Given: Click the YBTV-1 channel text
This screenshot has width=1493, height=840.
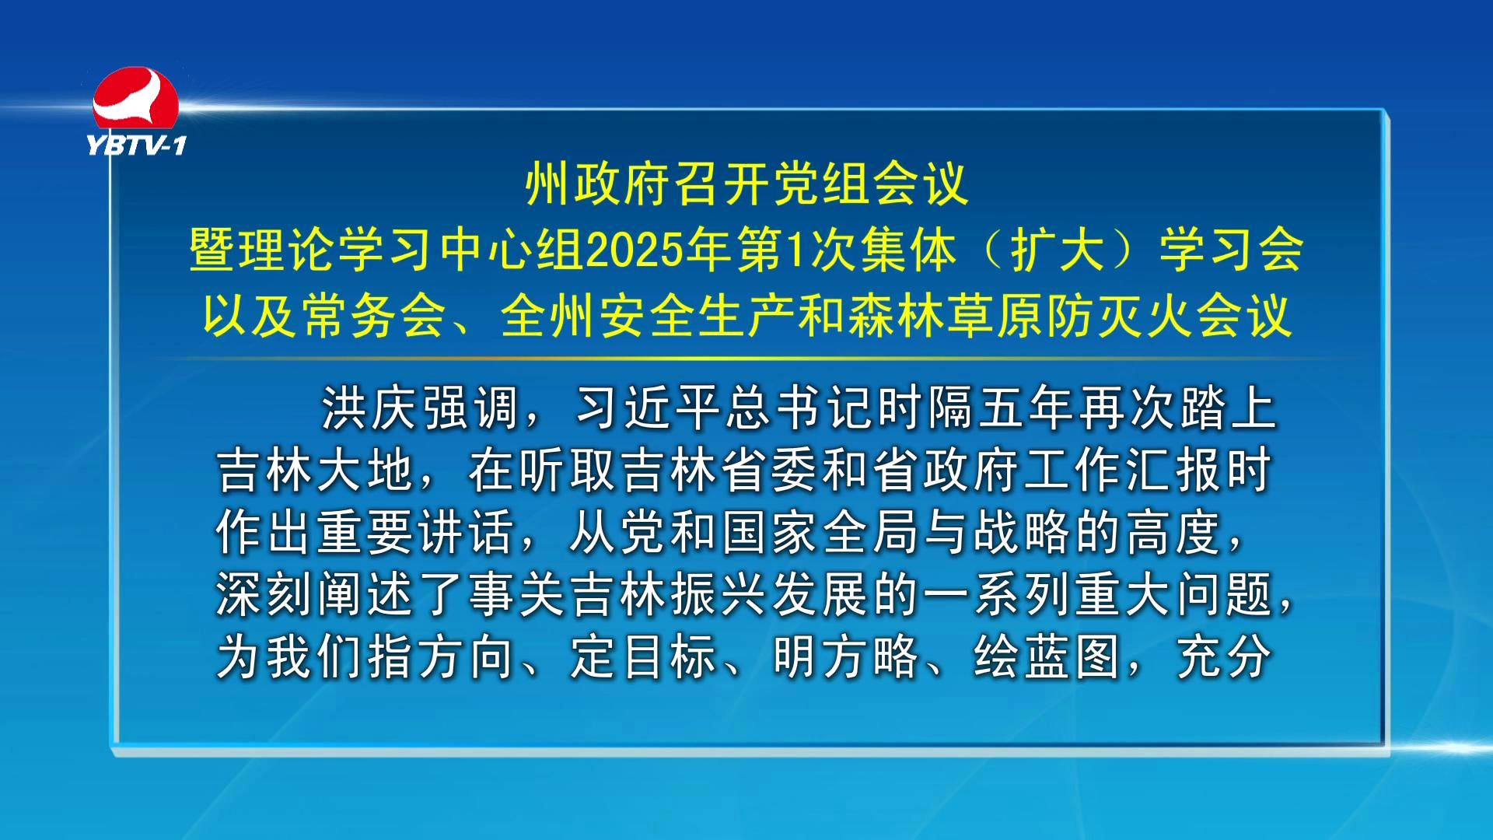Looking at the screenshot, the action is click(x=136, y=145).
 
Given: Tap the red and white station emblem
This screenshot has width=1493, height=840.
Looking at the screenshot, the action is click(x=136, y=100).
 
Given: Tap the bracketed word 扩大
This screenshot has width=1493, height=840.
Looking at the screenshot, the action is click(x=1058, y=251).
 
